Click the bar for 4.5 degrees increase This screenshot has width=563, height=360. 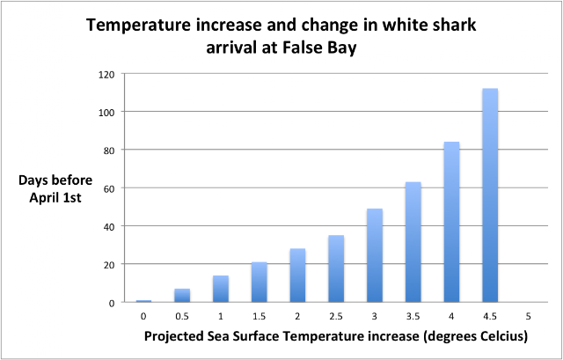(x=490, y=195)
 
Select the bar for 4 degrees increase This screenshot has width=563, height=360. (x=451, y=222)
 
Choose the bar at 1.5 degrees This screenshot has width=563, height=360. (x=258, y=283)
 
